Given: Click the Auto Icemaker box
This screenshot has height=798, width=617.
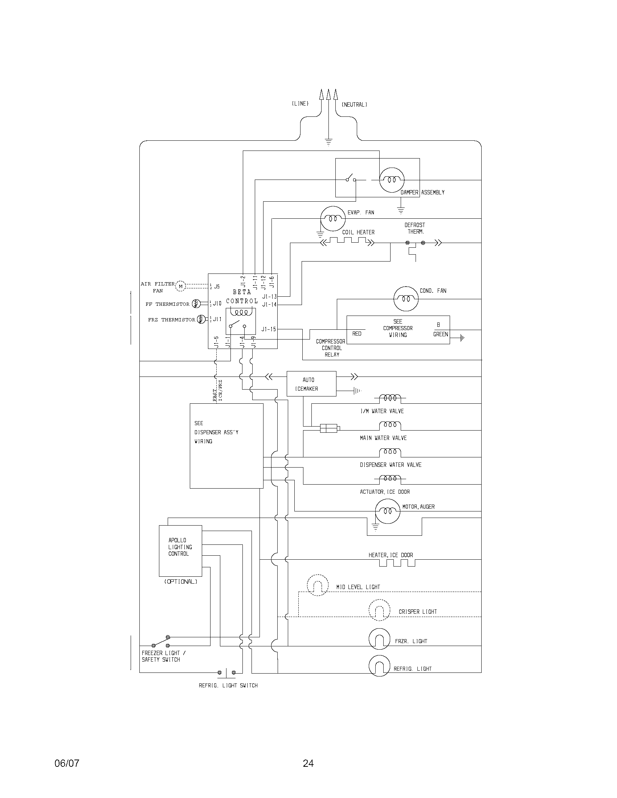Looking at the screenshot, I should [311, 384].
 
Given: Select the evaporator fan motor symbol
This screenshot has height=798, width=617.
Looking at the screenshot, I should [332, 218].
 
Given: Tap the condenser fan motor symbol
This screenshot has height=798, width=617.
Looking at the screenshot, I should [406, 299].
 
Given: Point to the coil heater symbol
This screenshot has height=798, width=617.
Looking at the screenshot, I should [347, 241].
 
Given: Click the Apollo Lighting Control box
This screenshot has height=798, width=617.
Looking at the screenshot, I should [180, 551].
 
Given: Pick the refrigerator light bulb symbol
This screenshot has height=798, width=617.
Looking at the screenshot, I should [379, 666].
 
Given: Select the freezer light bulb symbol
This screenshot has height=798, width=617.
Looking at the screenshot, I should [379, 639].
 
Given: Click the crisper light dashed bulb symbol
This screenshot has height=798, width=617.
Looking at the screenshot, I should [379, 610].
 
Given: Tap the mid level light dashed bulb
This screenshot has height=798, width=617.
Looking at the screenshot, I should [317, 585].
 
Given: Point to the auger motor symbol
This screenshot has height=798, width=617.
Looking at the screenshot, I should [388, 511].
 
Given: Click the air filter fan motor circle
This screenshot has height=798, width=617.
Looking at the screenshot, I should [181, 286].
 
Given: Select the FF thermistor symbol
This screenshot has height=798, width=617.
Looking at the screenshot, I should [196, 303].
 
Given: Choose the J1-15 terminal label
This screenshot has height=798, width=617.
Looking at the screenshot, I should [269, 329].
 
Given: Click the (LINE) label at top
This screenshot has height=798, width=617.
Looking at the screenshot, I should [300, 104].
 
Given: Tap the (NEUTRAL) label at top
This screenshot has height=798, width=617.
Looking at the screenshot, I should [354, 104].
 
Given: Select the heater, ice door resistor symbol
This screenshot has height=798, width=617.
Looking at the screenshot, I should [397, 563].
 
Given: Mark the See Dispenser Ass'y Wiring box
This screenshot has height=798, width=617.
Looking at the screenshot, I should [226, 446].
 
